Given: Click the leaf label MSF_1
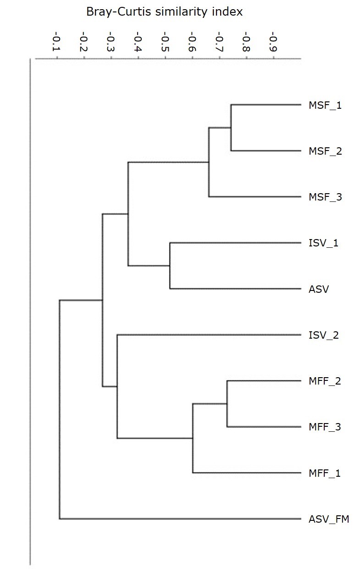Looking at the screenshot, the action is pos(325,105).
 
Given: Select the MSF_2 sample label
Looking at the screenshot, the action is pos(325,151).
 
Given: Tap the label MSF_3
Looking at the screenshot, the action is pos(325,197).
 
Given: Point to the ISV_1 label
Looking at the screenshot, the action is pos(323,243).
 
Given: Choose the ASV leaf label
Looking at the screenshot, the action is pos(319,289).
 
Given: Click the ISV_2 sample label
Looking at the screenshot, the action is pos(324,335).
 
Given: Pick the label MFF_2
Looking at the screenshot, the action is pos(325,381).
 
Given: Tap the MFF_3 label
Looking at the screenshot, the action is pos(325,427).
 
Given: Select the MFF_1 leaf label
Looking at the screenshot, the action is pos(324,473).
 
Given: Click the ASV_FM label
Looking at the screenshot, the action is pos(329,519).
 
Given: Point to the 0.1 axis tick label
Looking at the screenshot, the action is pos(56,42).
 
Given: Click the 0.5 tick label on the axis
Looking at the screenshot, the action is pos(165,42).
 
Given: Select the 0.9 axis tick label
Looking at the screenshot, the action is pos(273,42).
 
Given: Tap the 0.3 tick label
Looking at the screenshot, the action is pos(111,42).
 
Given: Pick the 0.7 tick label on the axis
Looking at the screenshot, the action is pos(219,42).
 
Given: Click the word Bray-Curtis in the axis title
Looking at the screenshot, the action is pos(119,12).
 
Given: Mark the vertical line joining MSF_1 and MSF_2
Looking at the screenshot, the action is pos(231,128).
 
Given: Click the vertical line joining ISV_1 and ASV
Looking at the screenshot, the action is pos(170,266).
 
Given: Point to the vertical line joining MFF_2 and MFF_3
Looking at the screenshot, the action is pos(227,404).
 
